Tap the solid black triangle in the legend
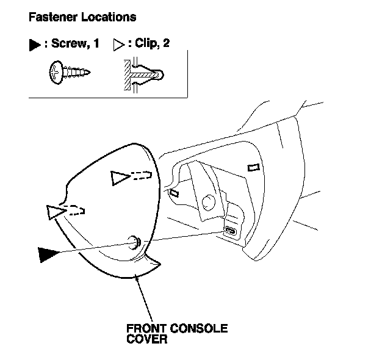click(x=34, y=46)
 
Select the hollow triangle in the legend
click(x=118, y=46)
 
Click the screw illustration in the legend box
click(x=70, y=74)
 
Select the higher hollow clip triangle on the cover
click(x=120, y=178)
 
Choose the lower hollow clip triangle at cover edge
click(x=54, y=212)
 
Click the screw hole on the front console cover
click(x=135, y=242)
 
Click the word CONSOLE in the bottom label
click(x=199, y=328)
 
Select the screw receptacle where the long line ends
click(x=231, y=231)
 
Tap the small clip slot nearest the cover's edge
click(x=174, y=193)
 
